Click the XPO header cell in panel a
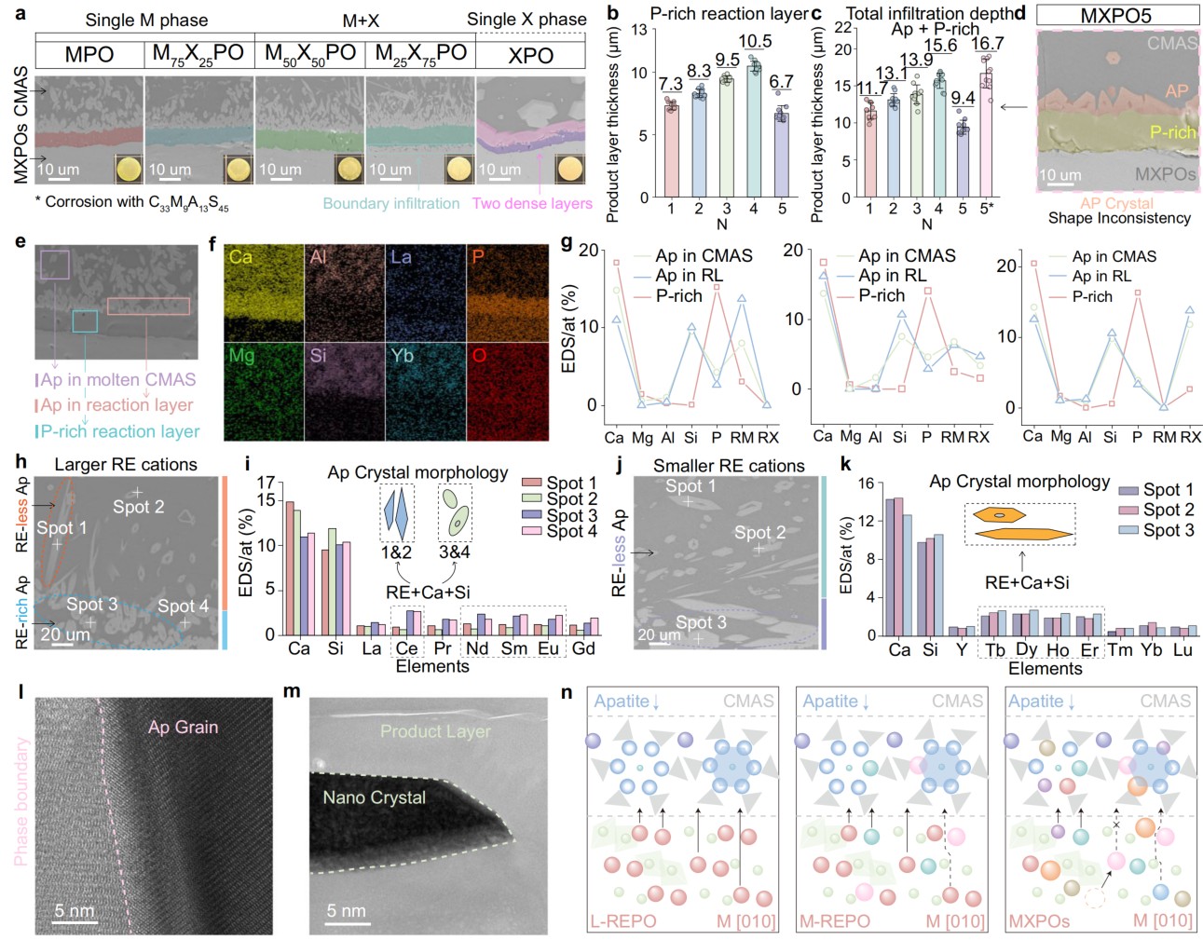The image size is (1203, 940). tap(530, 55)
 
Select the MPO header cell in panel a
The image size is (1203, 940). tap(89, 55)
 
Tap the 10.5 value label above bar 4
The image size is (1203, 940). tap(755, 41)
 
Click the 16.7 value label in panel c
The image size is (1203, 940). tap(987, 44)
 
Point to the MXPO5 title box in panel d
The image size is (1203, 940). tap(1116, 16)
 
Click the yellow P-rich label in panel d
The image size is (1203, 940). tap(1172, 132)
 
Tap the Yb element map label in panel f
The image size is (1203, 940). tap(403, 356)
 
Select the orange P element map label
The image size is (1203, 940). tap(478, 256)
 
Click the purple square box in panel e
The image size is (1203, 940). tap(55, 265)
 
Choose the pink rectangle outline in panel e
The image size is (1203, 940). tap(148, 306)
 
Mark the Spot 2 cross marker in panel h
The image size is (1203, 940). tap(136, 492)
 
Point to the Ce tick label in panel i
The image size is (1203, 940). tap(406, 648)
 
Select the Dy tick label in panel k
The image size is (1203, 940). tap(1026, 649)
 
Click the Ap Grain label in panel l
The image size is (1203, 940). tap(183, 727)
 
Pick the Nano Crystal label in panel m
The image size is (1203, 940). tap(374, 797)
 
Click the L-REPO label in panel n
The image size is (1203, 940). tap(623, 921)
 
